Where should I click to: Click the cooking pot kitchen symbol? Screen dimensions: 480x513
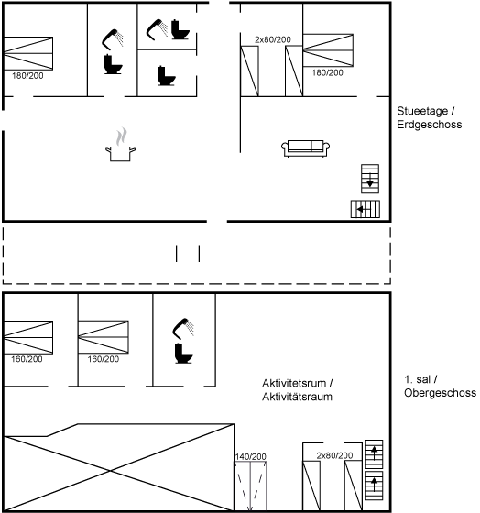pyautogui.click(x=120, y=145)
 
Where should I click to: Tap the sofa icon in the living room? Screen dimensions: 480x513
pyautogui.click(x=306, y=148)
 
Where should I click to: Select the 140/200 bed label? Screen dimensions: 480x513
pyautogui.click(x=250, y=456)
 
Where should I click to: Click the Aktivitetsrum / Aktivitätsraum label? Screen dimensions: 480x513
pyautogui.click(x=297, y=389)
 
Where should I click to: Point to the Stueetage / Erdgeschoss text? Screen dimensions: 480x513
pyautogui.click(x=430, y=117)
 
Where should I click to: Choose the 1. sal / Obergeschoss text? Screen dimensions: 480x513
pyautogui.click(x=440, y=386)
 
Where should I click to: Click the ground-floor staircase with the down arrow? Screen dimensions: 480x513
pyautogui.click(x=370, y=179)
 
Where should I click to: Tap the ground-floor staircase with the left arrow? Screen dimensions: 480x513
pyautogui.click(x=365, y=209)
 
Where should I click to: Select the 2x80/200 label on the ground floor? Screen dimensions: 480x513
pyautogui.click(x=273, y=40)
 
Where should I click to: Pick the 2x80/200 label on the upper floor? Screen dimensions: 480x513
pyautogui.click(x=334, y=455)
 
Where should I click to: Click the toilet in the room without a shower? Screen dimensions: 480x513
pyautogui.click(x=166, y=76)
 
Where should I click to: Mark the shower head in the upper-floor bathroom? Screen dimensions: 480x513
pyautogui.click(x=183, y=328)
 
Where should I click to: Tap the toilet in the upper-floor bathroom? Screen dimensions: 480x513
pyautogui.click(x=183, y=354)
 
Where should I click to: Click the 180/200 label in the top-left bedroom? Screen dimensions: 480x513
pyautogui.click(x=27, y=76)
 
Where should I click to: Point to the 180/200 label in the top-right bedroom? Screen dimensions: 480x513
pyautogui.click(x=327, y=72)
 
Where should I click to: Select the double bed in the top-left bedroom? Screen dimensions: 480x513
pyautogui.click(x=28, y=53)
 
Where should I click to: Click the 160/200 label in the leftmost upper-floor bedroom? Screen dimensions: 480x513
pyautogui.click(x=27, y=359)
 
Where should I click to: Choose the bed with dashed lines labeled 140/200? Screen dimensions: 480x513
pyautogui.click(x=250, y=486)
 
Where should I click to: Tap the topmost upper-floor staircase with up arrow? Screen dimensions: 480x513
pyautogui.click(x=374, y=454)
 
